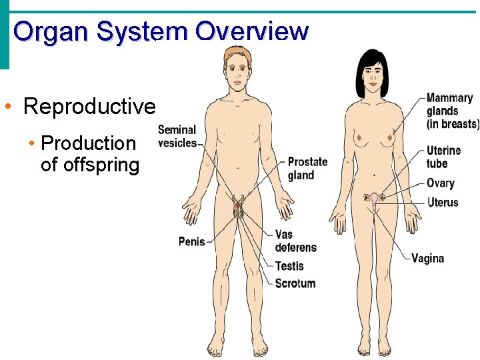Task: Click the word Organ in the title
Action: coord(51,31)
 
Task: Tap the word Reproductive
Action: coord(89,106)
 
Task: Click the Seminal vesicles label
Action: coord(177,136)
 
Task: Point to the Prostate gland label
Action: coord(307,169)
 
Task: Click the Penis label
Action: coord(191,241)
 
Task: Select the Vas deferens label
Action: coord(295,241)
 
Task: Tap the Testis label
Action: coord(289,266)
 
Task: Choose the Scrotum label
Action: coord(295,283)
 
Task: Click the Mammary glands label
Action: coord(452,111)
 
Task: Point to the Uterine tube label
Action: coord(443,157)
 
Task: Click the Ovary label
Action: coord(441,183)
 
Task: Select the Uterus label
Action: coord(443,202)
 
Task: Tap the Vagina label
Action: coord(427,258)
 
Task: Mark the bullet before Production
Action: coord(31,144)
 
